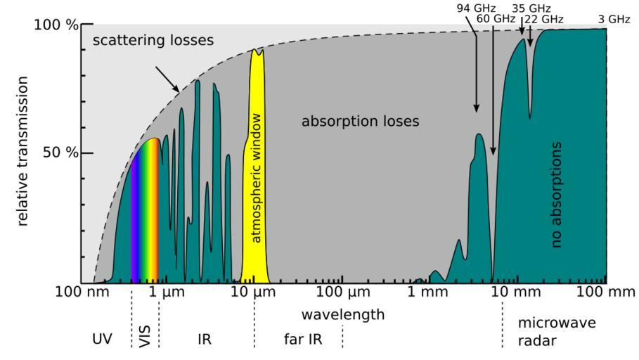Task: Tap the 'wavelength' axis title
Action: pos(343,314)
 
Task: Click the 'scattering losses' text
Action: pos(153,41)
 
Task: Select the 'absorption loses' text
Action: pos(360,122)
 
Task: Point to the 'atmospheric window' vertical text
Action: pos(257,177)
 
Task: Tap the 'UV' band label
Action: pos(103,340)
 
